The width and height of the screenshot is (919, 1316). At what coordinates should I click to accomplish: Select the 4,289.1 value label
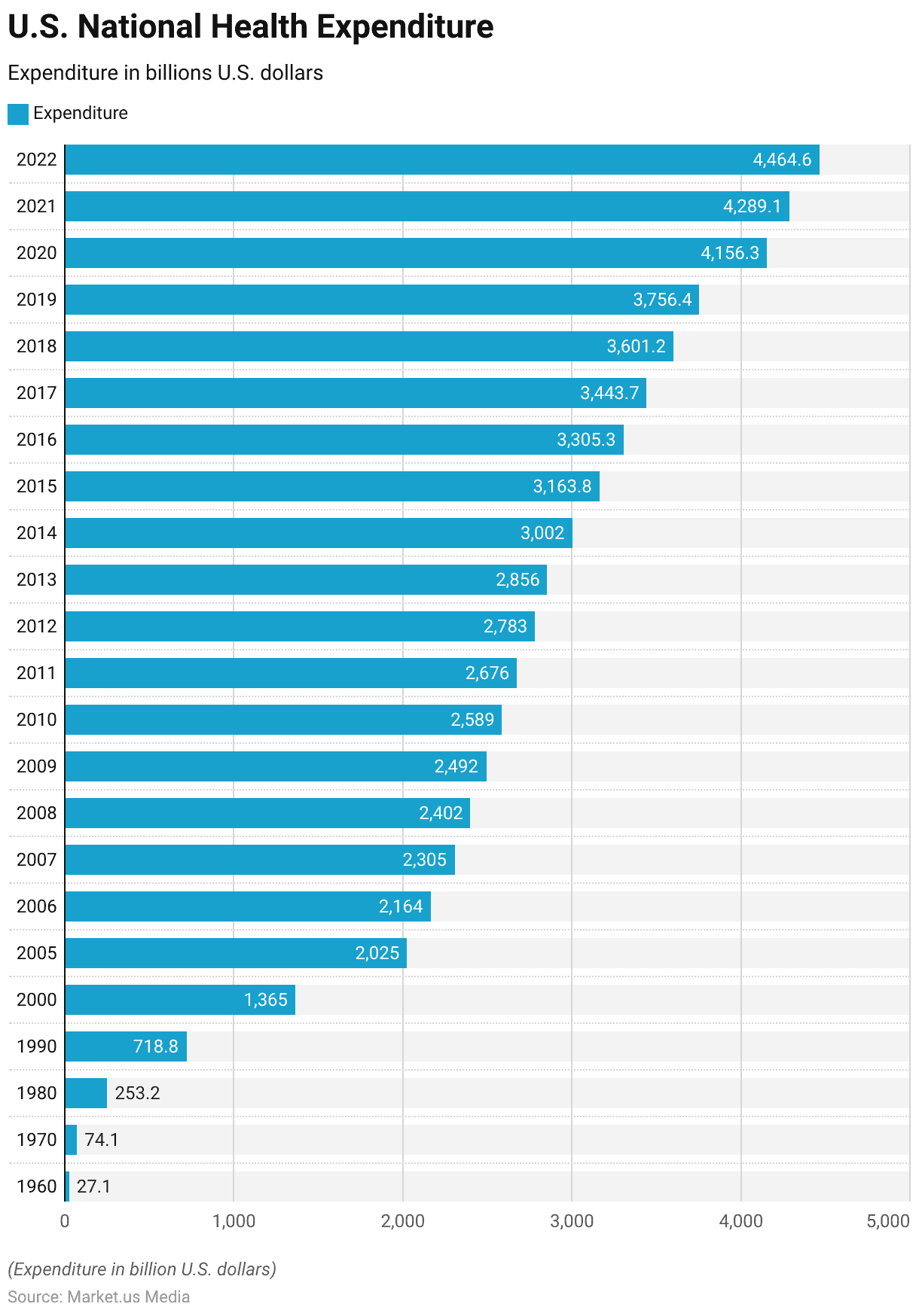pyautogui.click(x=752, y=206)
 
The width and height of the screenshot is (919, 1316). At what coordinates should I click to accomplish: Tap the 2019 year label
pyautogui.click(x=37, y=300)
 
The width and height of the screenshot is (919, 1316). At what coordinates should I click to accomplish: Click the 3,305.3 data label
pyautogui.click(x=585, y=440)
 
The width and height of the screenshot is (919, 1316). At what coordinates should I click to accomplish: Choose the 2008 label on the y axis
pyautogui.click(x=37, y=813)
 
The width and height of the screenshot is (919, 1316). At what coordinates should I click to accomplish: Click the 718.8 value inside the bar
pyautogui.click(x=155, y=1046)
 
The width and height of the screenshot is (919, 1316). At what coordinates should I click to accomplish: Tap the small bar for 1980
pyautogui.click(x=86, y=1093)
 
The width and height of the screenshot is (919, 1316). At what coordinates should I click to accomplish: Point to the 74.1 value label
pyautogui.click(x=102, y=1140)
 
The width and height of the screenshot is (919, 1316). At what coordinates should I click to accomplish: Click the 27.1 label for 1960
pyautogui.click(x=93, y=1187)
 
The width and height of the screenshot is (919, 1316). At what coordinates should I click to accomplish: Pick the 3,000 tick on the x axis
pyautogui.click(x=572, y=1221)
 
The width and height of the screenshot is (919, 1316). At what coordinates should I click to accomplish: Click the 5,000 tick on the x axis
pyautogui.click(x=888, y=1221)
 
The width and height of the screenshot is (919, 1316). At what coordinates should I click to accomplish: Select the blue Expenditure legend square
pyautogui.click(x=18, y=114)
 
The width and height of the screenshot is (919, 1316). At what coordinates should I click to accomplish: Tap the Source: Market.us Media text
pyautogui.click(x=99, y=1296)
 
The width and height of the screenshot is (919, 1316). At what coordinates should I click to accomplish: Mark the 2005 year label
pyautogui.click(x=37, y=953)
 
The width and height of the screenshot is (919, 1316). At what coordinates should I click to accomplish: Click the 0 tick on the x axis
pyautogui.click(x=65, y=1221)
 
